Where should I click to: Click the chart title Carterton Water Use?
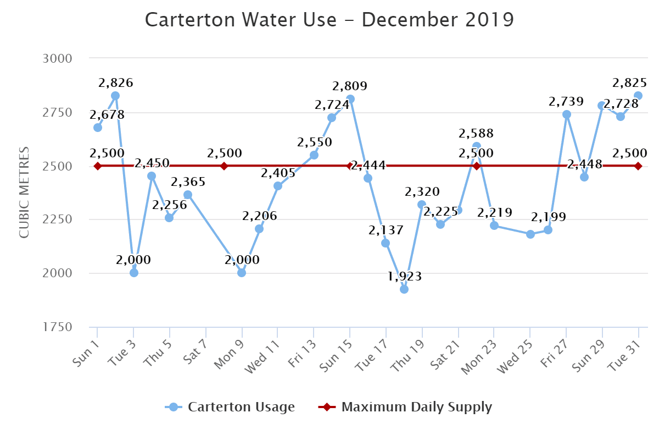pyautogui.click(x=329, y=20)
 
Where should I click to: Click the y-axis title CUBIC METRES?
pyautogui.click(x=24, y=193)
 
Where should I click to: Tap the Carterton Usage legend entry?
pyautogui.click(x=231, y=407)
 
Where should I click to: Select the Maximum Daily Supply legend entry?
pyautogui.click(x=405, y=407)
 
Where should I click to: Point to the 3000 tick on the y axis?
pyautogui.click(x=57, y=58)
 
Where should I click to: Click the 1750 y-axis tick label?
pyautogui.click(x=57, y=327)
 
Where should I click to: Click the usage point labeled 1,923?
pyautogui.click(x=404, y=289)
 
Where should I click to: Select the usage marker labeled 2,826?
pyautogui.click(x=115, y=96)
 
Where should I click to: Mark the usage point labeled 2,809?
pyautogui.click(x=350, y=99)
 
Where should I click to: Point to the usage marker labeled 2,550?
pyautogui.click(x=314, y=155)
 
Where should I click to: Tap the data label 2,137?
pyautogui.click(x=386, y=229)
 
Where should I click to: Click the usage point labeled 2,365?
pyautogui.click(x=188, y=195)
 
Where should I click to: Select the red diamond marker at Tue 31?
pyautogui.click(x=638, y=166)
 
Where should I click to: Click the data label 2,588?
pyautogui.click(x=477, y=134)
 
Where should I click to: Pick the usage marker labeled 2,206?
pyautogui.click(x=259, y=229)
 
